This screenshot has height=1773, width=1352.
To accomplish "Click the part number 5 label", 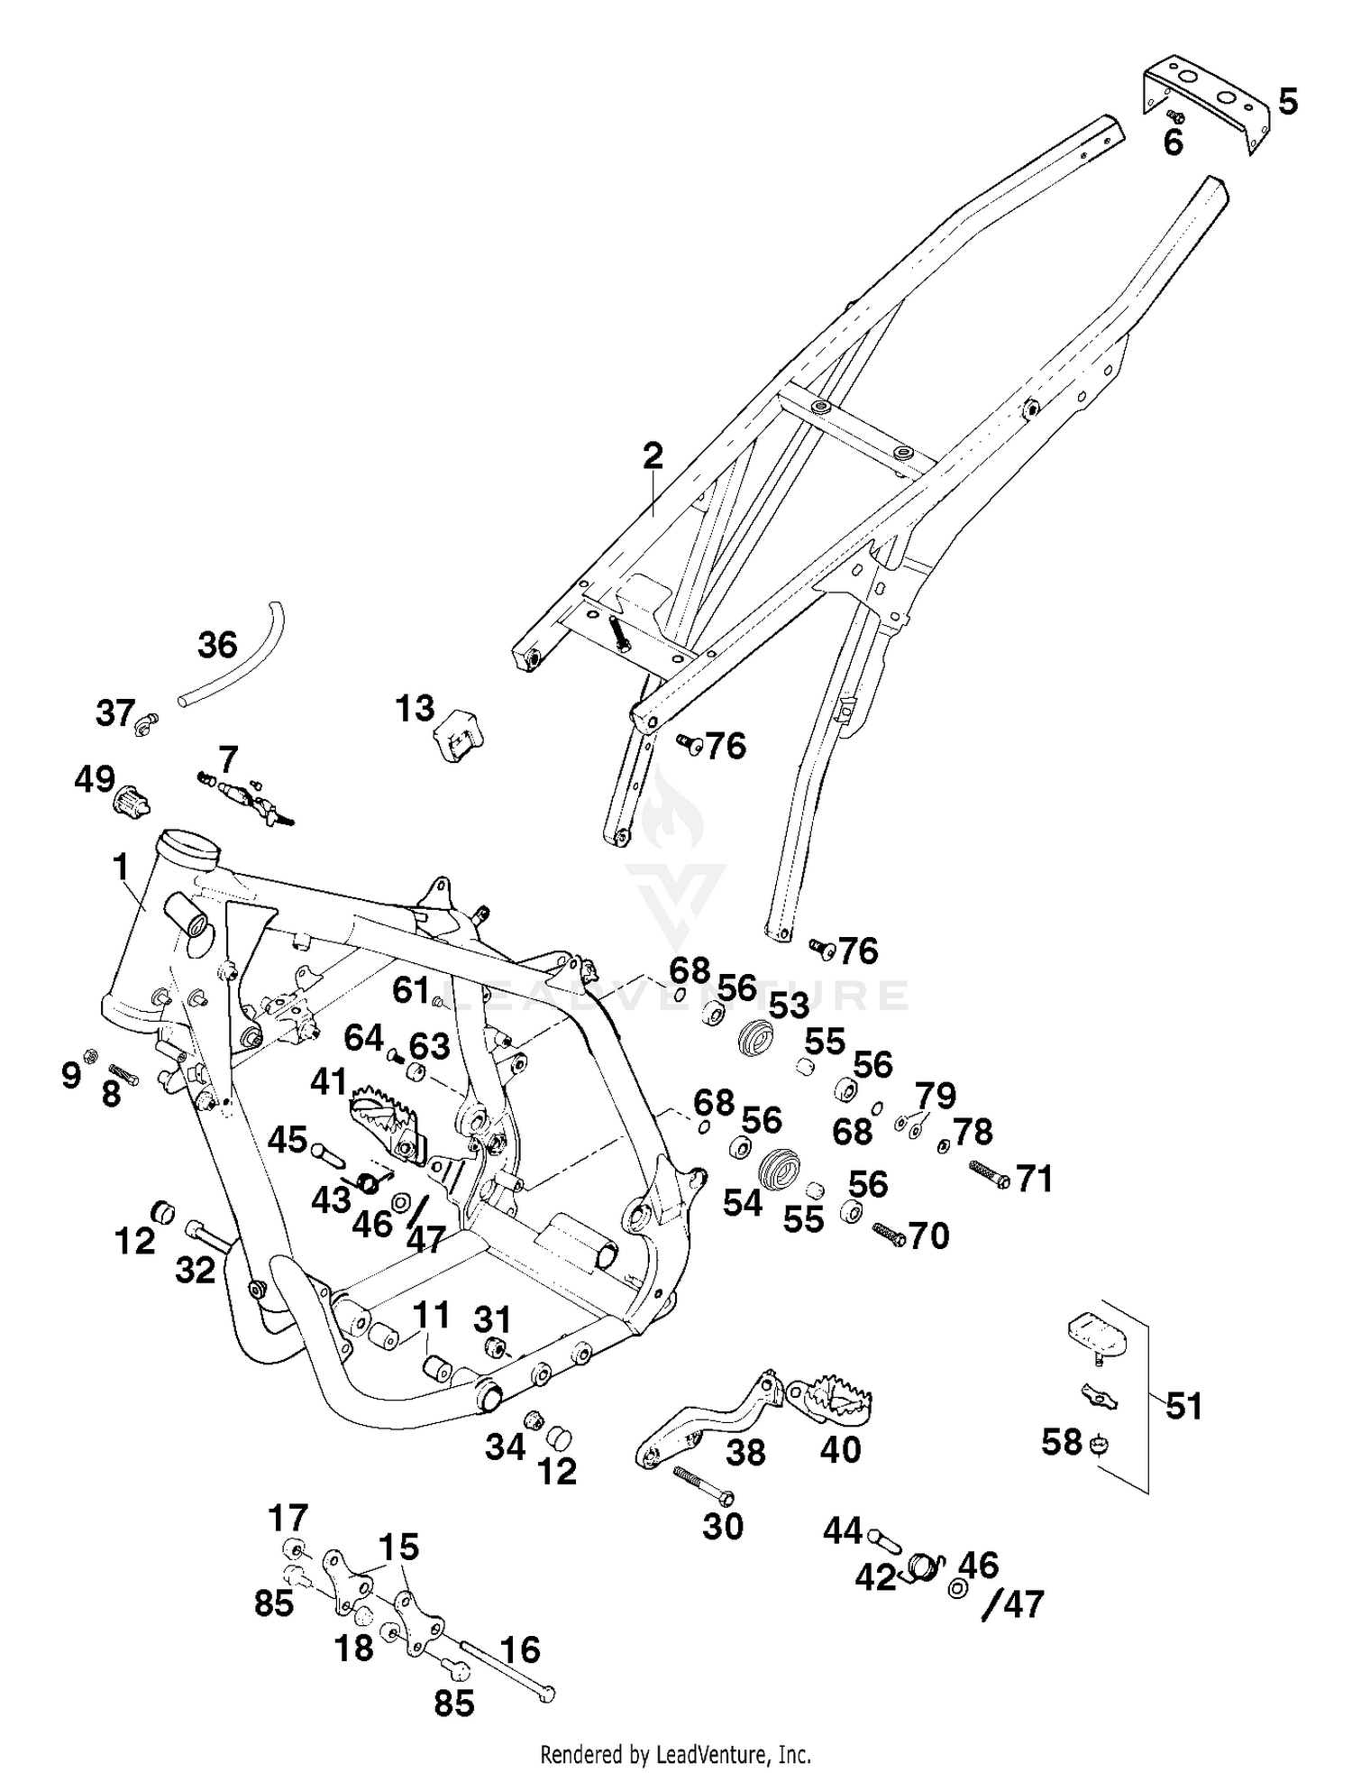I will click(x=1288, y=101).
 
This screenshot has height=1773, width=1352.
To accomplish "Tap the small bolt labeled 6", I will click(x=1174, y=116).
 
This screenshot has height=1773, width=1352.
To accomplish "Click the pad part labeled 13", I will click(x=459, y=736).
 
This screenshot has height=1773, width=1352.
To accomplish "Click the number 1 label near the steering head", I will click(x=120, y=868).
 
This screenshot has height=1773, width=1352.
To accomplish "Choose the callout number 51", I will click(x=1183, y=1406).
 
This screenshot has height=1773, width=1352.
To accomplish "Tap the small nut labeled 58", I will click(x=1099, y=1444).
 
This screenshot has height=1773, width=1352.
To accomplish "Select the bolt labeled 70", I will click(x=888, y=1235).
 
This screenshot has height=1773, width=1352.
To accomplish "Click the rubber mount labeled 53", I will click(x=754, y=1037).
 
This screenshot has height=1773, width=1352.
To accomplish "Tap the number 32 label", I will click(x=196, y=1270).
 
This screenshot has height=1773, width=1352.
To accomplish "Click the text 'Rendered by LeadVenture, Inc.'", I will click(x=675, y=1754).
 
